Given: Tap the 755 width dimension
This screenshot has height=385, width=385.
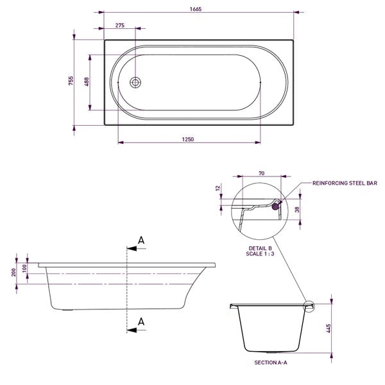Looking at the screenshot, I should click(72, 80).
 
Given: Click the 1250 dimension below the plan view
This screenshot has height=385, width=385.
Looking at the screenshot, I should click(188, 139).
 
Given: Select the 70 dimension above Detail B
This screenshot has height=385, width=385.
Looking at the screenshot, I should click(261, 173).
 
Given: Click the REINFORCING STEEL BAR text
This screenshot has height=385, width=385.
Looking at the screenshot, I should click(344, 183).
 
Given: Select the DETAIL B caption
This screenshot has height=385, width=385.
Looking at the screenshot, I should click(261, 248).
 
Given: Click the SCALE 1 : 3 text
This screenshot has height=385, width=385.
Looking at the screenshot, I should click(261, 254).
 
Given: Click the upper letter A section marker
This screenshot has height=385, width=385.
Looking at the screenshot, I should click(142, 241).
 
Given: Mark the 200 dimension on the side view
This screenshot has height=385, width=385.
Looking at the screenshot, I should click(15, 273).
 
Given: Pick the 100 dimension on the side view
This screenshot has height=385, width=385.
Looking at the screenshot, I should click(25, 268).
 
